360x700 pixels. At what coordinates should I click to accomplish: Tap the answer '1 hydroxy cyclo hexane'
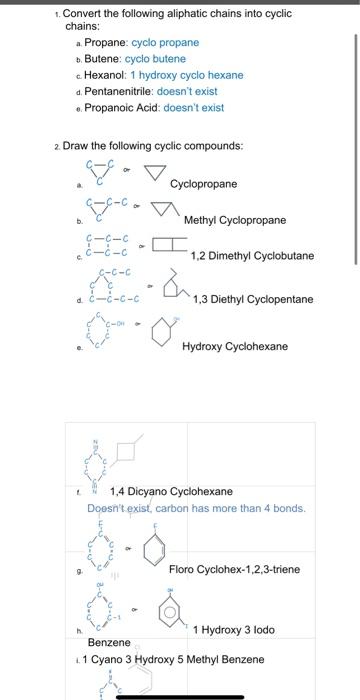(187, 75)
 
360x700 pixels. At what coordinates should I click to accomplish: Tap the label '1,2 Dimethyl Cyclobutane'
(252, 255)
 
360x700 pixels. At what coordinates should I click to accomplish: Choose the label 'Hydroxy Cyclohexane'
(249, 346)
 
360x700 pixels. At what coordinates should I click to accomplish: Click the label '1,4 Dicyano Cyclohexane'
(170, 491)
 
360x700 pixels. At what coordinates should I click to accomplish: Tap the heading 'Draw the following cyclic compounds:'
(151, 146)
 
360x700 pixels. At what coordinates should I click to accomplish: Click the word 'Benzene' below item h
(109, 642)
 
